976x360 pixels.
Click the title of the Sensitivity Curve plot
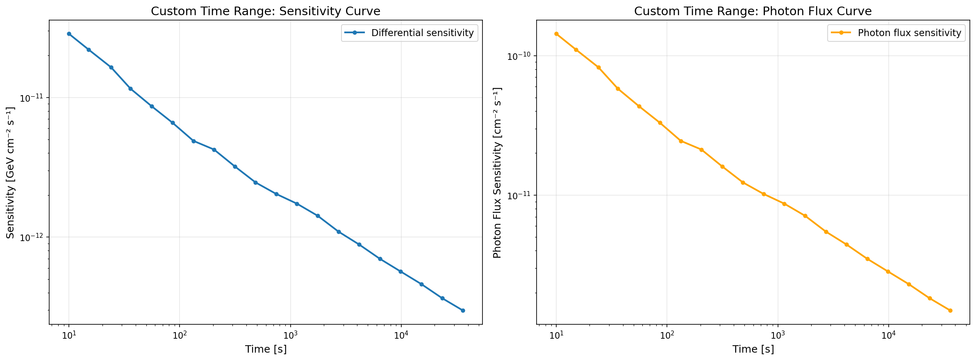coord(265,11)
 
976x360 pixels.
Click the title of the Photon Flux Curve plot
coord(753,11)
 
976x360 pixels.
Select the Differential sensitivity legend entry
coord(422,33)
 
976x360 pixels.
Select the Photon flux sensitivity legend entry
coord(909,33)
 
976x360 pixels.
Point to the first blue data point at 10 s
coord(69,34)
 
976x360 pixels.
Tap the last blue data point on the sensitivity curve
coord(463,310)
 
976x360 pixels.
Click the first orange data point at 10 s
coord(556,34)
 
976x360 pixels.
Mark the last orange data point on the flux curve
coord(950,310)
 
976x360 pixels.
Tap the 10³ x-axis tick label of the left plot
coord(290,335)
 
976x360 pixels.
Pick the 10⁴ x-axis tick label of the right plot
coord(888,335)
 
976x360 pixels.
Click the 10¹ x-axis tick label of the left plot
coord(69,335)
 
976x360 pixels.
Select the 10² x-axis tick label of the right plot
coord(667,335)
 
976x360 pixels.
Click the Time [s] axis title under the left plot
coord(266,349)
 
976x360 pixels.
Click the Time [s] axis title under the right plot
coord(753,349)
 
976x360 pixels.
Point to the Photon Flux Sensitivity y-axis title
coord(497,172)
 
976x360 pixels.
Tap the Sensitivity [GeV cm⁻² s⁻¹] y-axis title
coord(11,172)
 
